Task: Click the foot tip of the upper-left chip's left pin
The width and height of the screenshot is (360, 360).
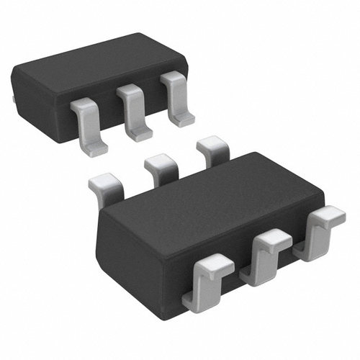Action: pos(96,150)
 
